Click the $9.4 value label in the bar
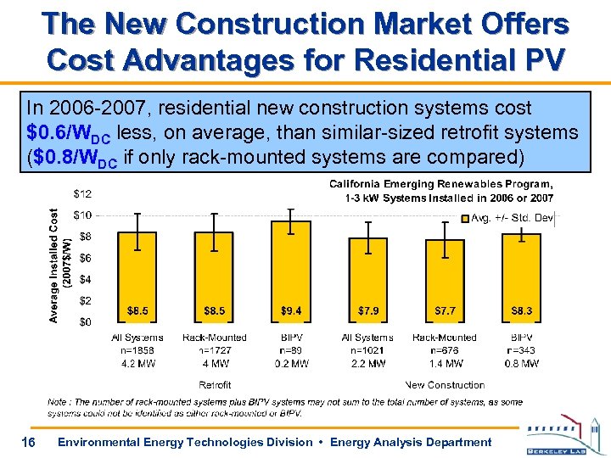click(x=291, y=311)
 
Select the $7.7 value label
click(x=446, y=311)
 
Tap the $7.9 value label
click(x=368, y=311)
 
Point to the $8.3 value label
click(x=522, y=311)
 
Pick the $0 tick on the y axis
click(x=87, y=321)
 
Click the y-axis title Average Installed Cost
click(x=53, y=265)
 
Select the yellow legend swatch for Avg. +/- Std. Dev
click(x=464, y=220)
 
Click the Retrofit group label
click(x=215, y=385)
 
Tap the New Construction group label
click(x=445, y=385)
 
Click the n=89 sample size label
click(x=291, y=350)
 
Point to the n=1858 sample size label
click(x=137, y=350)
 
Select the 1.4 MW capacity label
click(x=445, y=363)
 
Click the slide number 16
click(x=29, y=441)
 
